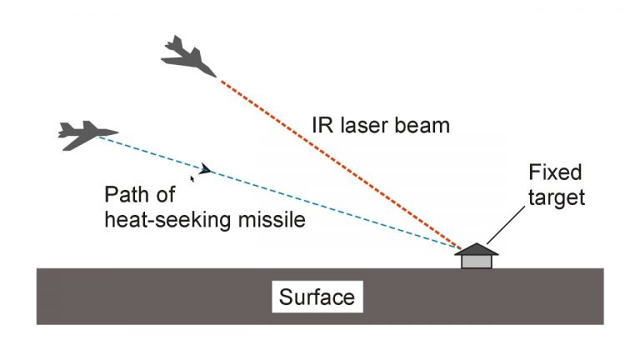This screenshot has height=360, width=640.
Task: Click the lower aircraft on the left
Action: click(x=86, y=133)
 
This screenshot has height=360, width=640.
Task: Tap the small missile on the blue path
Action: click(x=204, y=169)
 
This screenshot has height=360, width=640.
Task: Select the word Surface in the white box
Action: click(x=317, y=297)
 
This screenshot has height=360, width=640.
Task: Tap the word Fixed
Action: click(x=556, y=174)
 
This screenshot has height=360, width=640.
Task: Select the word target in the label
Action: click(x=557, y=199)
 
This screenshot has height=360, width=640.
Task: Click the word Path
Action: click(x=126, y=196)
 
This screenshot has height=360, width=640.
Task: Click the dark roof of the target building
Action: click(x=477, y=249)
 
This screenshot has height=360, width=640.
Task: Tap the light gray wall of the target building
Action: click(x=477, y=261)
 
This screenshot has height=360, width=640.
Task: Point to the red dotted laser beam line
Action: click(x=333, y=158)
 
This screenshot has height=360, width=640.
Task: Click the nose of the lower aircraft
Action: click(x=115, y=132)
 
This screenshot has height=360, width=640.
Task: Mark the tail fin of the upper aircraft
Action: click(x=174, y=42)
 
